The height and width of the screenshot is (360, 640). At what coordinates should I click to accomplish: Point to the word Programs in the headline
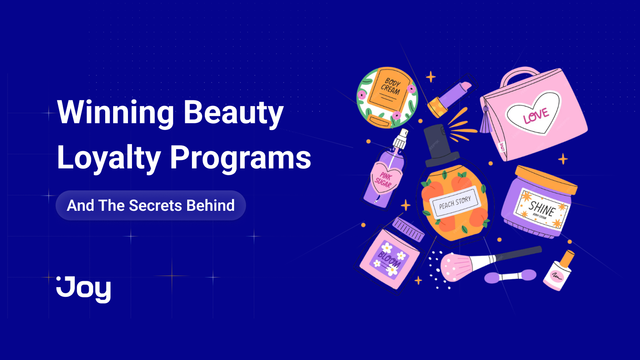(x=240, y=158)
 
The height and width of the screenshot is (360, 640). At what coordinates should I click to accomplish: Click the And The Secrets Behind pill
(x=151, y=206)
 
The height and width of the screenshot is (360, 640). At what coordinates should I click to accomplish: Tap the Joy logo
(x=84, y=289)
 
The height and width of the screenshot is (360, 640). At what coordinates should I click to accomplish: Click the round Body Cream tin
(x=387, y=97)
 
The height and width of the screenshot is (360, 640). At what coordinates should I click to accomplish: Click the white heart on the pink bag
(x=534, y=113)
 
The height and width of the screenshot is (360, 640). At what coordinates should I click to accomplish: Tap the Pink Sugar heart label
(x=384, y=179)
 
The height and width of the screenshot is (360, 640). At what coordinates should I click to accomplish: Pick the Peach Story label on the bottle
(x=455, y=202)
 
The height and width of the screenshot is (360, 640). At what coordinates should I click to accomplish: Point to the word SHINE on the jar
(x=542, y=208)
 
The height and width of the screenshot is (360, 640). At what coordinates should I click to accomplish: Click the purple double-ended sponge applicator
(x=510, y=276)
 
